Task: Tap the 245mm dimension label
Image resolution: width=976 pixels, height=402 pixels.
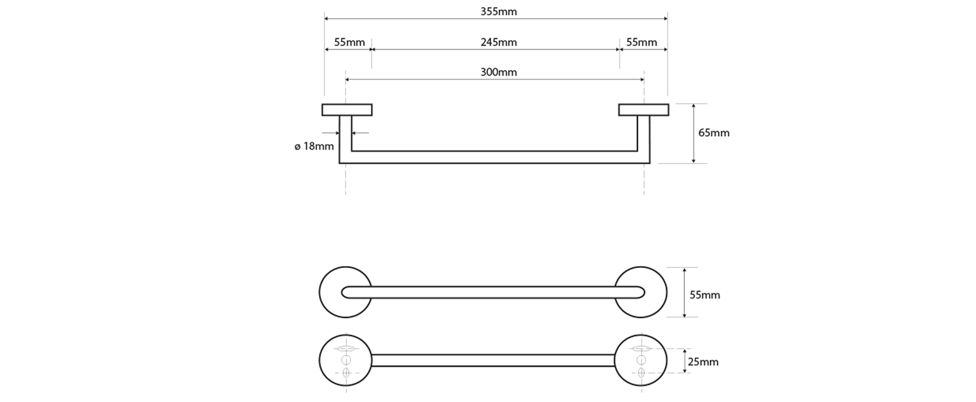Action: pos(498,42)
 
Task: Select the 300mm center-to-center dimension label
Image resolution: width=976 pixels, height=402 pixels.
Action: pos(498,72)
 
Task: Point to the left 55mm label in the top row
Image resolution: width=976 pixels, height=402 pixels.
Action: pos(349,42)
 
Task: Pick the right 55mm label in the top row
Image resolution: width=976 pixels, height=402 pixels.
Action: pos(642,42)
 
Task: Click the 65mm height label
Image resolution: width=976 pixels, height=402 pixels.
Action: pos(714,133)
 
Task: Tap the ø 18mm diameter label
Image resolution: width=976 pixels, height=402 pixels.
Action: pos(314,146)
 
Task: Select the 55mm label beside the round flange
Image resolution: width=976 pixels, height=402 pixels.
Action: pos(705,295)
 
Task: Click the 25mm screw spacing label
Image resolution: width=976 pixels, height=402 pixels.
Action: pos(703,362)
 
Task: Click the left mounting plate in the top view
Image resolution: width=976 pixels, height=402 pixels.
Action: pos(347,109)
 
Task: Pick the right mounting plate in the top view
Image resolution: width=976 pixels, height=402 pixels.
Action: pos(643,109)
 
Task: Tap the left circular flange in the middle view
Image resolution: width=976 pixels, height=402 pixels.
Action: pos(332,293)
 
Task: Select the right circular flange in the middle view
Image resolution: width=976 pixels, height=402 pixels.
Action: pos(655,293)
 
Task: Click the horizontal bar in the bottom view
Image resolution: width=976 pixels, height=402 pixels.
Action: pos(493,360)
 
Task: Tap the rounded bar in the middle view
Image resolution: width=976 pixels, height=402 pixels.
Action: pos(493,292)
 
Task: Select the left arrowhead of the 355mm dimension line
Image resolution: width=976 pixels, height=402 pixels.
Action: pos(327,19)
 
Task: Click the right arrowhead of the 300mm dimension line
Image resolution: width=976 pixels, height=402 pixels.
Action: pos(642,79)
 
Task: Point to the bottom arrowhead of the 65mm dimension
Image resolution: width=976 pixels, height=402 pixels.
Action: pos(694,161)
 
